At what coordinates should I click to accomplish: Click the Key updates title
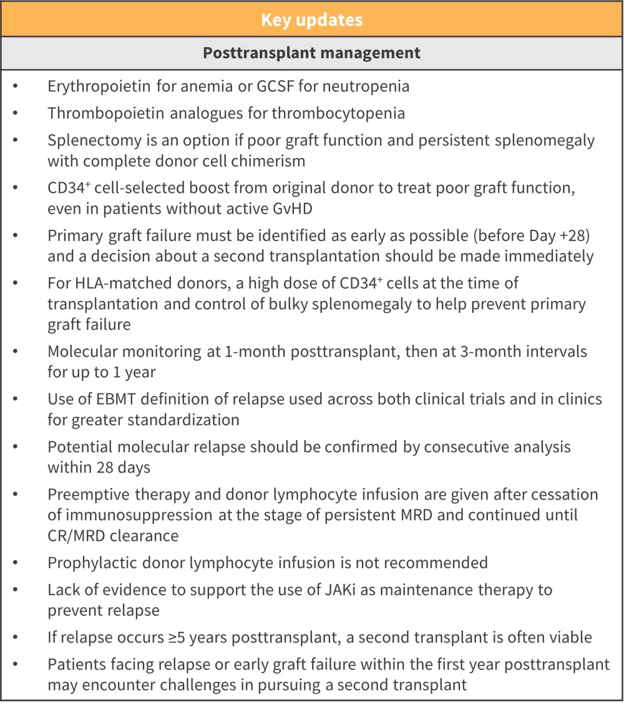click(311, 19)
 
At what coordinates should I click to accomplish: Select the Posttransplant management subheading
click(311, 53)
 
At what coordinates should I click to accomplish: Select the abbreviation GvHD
click(290, 209)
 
